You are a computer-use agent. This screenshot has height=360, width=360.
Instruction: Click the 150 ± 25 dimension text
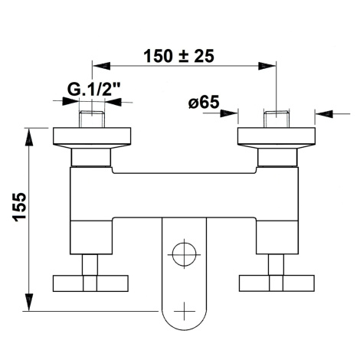178,56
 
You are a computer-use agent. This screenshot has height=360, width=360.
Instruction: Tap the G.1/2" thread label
94,89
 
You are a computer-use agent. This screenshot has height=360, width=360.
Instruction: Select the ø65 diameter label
204,102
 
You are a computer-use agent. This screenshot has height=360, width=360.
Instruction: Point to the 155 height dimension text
19,207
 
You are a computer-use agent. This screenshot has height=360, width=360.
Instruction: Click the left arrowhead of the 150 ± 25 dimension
101,66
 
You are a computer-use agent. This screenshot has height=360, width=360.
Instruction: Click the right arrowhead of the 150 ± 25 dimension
267,66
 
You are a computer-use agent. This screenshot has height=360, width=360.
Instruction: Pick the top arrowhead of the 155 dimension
29,137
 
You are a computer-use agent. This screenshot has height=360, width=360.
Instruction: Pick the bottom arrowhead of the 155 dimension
29,302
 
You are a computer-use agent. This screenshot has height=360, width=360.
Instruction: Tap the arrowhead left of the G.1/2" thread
70,101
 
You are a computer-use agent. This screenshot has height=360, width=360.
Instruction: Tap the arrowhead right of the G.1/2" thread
113,101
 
